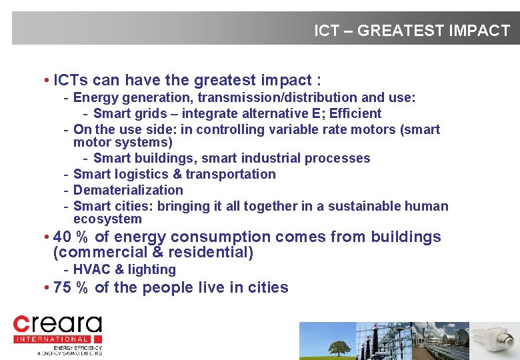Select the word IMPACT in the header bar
pos(479,31)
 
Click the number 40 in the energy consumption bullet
pos(62,237)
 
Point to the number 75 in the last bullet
pos(62,288)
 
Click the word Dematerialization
pos(128,190)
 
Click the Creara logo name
pos(58,325)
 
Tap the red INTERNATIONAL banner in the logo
pos(57,339)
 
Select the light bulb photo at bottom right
pos(497,341)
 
